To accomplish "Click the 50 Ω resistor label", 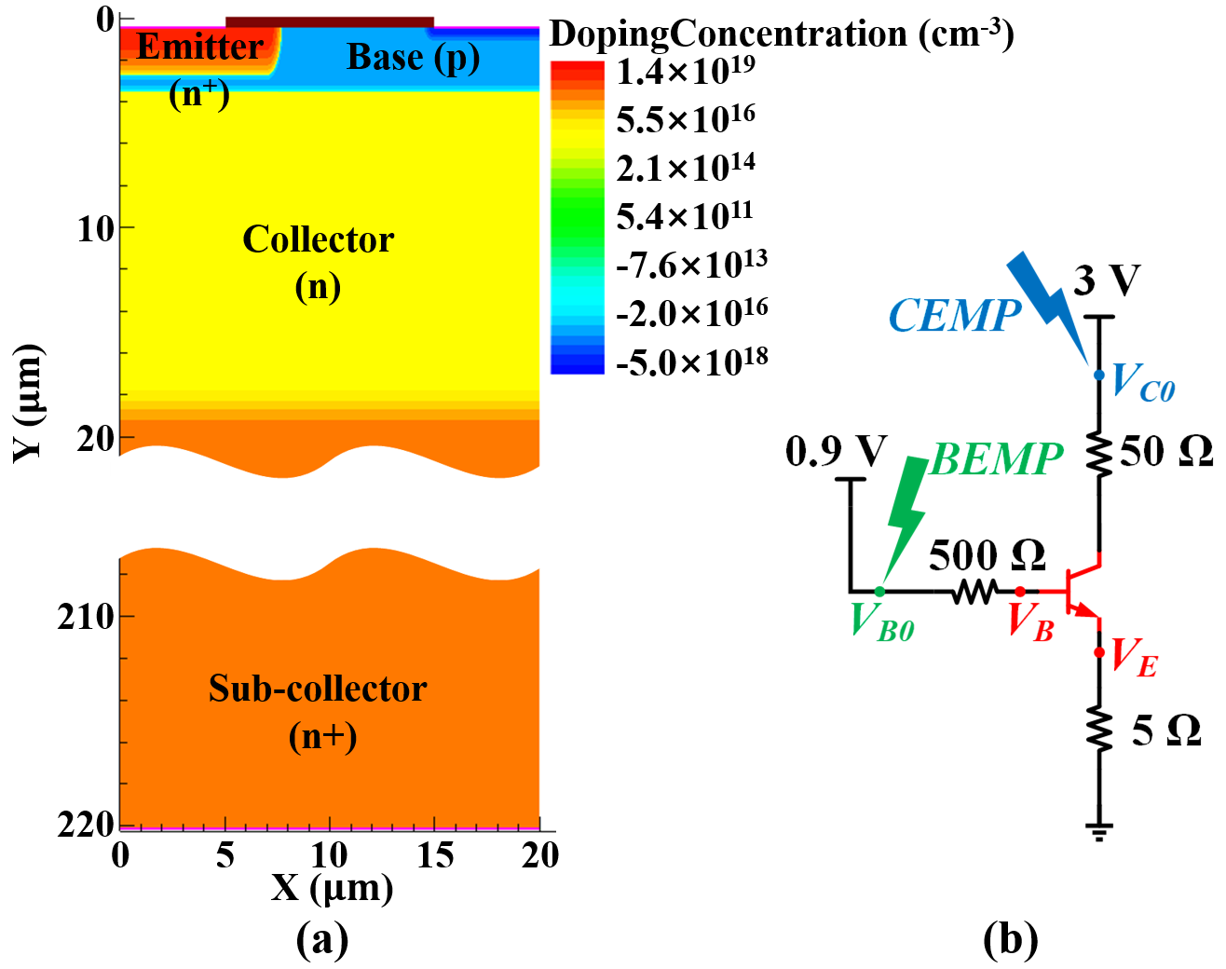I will point(1165,452).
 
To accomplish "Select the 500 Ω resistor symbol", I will point(974,591).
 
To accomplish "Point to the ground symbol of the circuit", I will point(1099,830).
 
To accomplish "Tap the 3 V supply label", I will point(1107,280).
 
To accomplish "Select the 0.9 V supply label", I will point(836,452).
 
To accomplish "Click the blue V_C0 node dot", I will point(1099,375).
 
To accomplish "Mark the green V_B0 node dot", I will point(879,592).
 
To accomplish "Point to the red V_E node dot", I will point(1099,652).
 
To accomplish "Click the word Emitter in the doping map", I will point(200,47).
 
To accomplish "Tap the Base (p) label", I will point(413,58).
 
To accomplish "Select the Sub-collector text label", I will point(318,689).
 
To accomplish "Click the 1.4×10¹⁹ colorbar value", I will point(686,71).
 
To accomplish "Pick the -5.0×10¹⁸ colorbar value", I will point(691,361).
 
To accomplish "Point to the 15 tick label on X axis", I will point(435,854).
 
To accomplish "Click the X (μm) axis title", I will point(332,888).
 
